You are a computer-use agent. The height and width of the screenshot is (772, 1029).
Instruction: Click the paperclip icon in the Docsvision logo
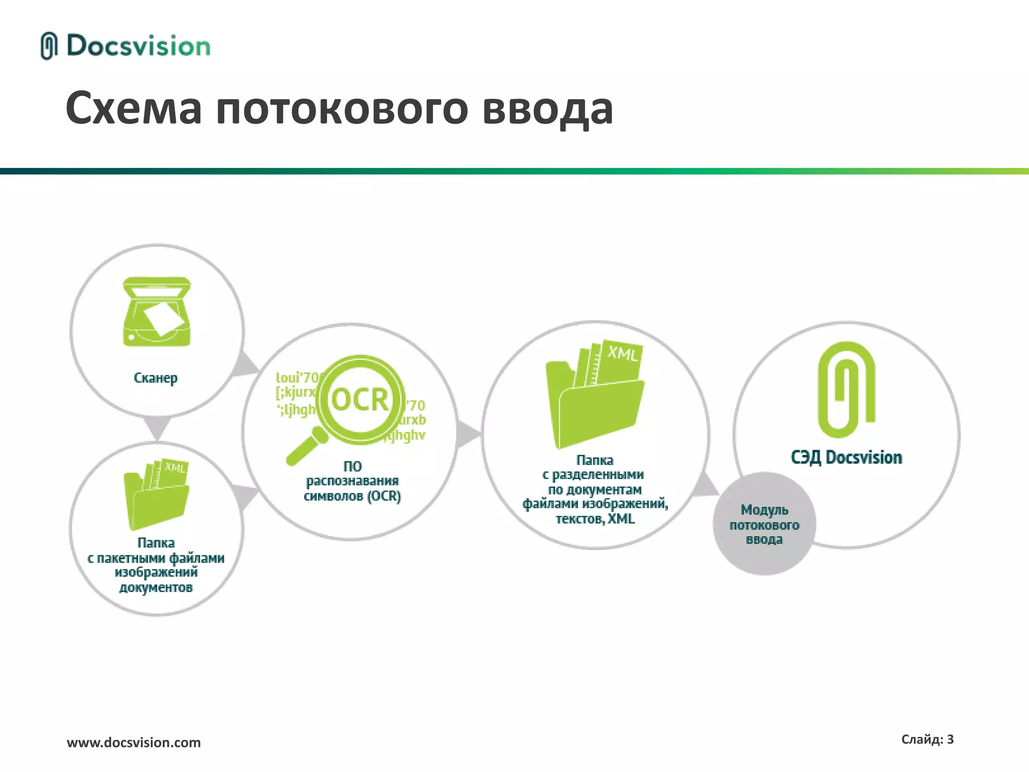(49, 46)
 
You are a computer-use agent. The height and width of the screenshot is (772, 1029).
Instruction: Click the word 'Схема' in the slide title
(134, 109)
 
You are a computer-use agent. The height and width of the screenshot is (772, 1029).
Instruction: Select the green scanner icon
(157, 312)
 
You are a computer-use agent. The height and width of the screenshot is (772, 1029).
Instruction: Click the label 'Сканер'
(156, 378)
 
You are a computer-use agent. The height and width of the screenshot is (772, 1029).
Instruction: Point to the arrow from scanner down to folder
(157, 427)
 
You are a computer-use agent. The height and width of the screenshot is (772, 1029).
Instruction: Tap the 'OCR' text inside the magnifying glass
(360, 400)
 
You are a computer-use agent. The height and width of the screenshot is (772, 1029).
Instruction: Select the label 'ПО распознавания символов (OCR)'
(352, 481)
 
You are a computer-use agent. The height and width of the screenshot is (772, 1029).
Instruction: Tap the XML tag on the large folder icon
(623, 353)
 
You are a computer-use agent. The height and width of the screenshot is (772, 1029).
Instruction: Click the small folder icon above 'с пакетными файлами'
(157, 495)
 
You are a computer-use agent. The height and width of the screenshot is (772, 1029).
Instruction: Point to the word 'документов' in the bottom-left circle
(156, 588)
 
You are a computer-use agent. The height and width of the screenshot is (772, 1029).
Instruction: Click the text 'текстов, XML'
(595, 519)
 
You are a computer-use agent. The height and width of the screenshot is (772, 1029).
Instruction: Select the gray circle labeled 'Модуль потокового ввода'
(764, 524)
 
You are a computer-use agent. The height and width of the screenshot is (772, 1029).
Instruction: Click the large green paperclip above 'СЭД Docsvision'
(847, 390)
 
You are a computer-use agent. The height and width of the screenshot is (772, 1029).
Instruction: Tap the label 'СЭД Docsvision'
(847, 458)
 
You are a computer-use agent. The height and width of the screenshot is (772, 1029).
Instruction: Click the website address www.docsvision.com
(134, 742)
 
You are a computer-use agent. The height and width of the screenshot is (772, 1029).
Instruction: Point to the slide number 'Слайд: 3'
(927, 739)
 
